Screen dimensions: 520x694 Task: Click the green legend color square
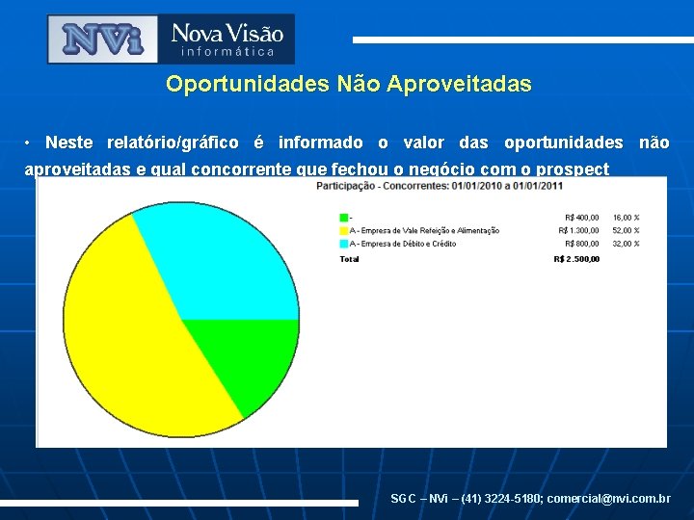click(343, 218)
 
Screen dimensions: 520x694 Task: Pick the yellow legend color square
click(343, 230)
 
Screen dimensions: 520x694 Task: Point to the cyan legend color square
click(343, 244)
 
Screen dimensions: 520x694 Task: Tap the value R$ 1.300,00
click(578, 230)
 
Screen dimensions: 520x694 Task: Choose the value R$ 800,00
click(580, 244)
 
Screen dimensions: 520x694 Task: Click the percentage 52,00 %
click(626, 230)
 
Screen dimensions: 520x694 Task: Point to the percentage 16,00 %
click(626, 218)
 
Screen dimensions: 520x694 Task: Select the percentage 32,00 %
click(626, 244)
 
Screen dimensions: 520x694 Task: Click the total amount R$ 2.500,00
click(576, 258)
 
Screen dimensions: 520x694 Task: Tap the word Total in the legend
click(349, 258)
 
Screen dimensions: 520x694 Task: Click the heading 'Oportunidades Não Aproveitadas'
click(348, 84)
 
